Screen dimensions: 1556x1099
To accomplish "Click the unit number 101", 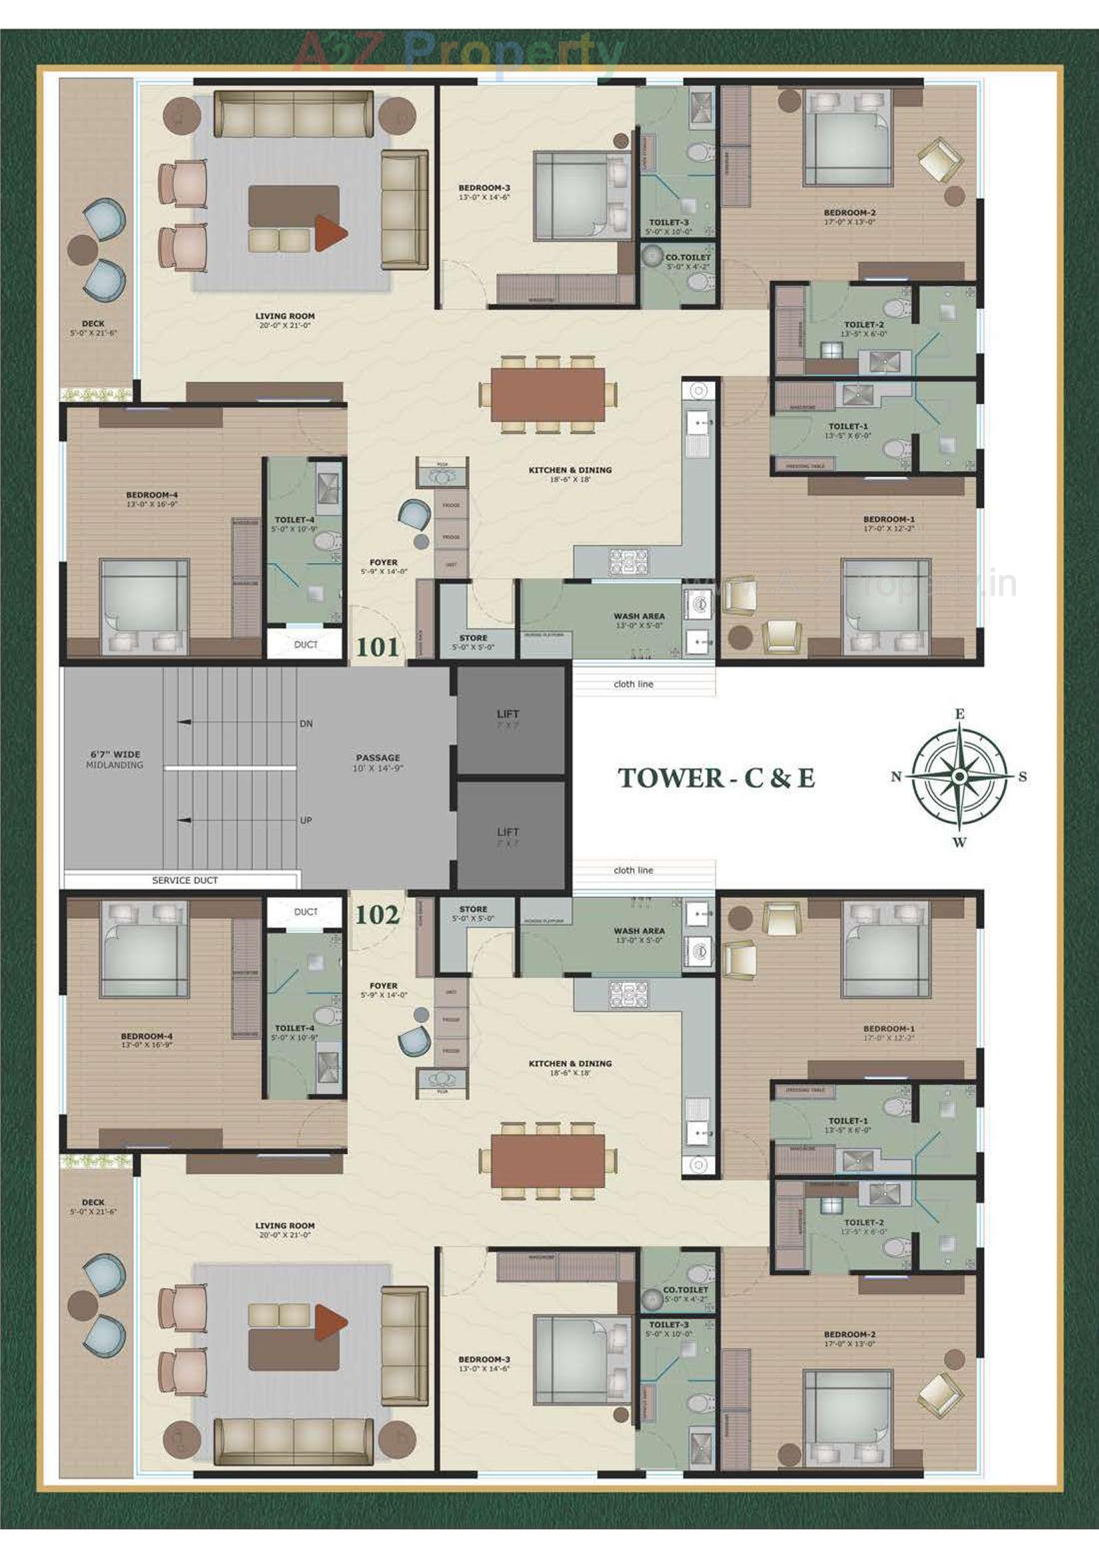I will pos(377,647).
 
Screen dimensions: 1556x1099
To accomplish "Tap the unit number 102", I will pos(377,915).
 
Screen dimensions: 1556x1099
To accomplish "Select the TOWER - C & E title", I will pos(716,778).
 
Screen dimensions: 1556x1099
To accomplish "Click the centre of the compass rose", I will pos(959,777).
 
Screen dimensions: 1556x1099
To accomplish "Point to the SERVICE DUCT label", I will pos(185,880).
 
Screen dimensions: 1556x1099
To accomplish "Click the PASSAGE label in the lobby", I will pos(378,757).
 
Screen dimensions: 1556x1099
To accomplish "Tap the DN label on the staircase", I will pos(306,724).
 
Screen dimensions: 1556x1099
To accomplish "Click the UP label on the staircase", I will pos(306,820).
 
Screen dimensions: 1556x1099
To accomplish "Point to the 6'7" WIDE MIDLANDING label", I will pos(115,759).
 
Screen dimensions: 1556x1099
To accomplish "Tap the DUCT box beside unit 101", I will pos(305,644).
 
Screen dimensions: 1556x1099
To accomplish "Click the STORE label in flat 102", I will pos(473,910).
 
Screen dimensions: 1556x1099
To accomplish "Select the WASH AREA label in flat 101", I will pos(639,617).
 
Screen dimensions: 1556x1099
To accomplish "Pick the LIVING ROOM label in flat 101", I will pos(285,317).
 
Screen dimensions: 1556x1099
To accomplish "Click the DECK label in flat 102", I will pos(93,1202).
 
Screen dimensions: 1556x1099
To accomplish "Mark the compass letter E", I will pos(959,713).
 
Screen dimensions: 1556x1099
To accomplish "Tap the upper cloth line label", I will pos(633,684).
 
